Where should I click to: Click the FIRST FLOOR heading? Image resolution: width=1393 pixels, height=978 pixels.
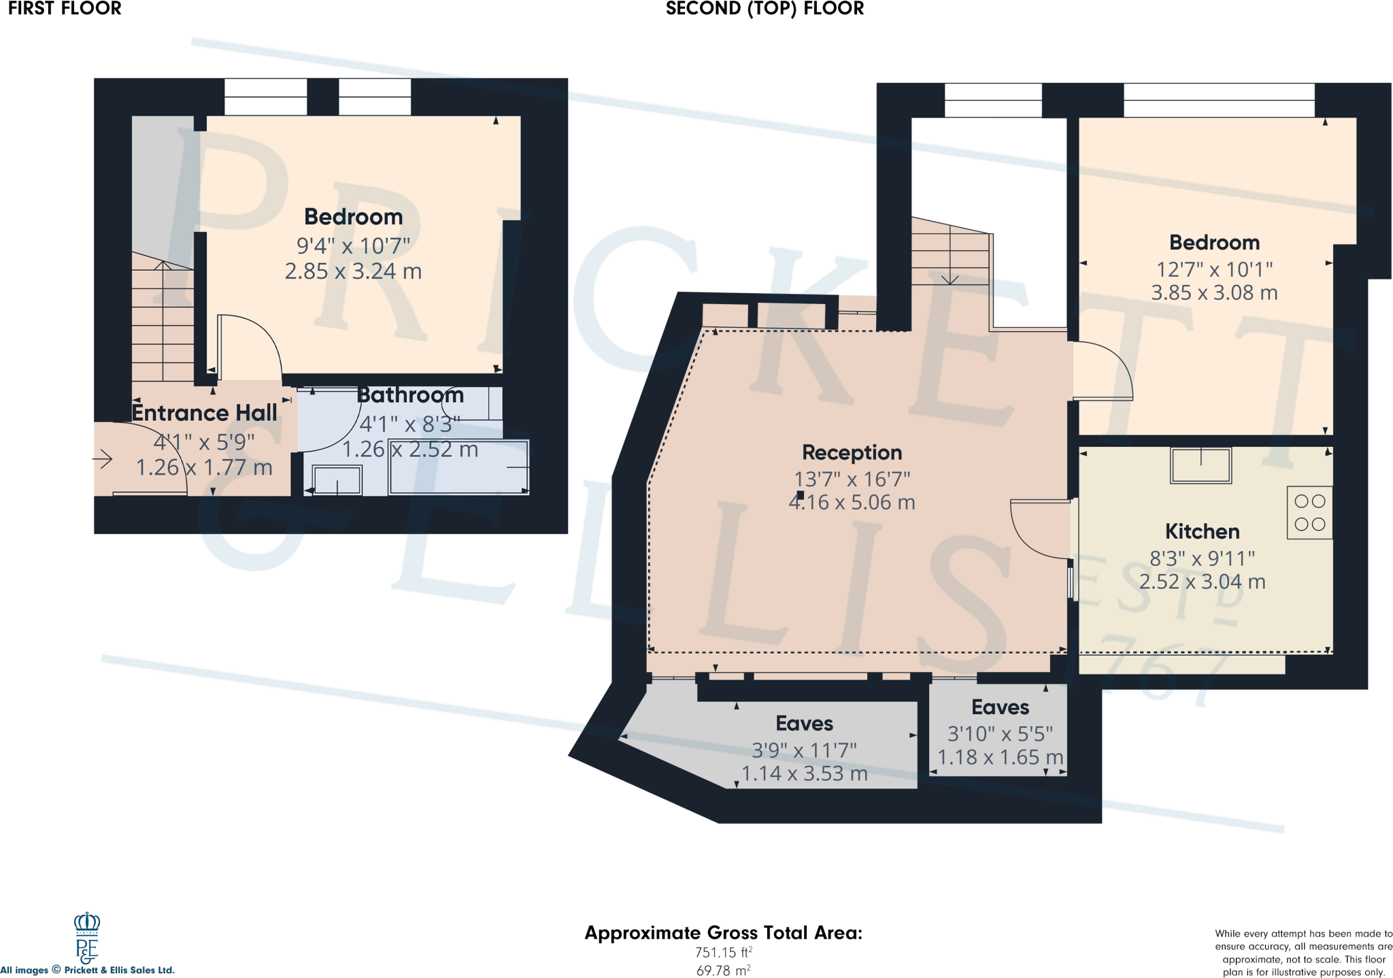65,9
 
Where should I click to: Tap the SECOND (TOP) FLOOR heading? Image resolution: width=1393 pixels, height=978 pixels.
765,9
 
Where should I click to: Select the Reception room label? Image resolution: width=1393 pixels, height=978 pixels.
852,452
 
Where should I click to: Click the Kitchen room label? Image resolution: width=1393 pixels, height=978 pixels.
1202,531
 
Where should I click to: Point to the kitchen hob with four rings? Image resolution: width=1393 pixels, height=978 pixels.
1309,513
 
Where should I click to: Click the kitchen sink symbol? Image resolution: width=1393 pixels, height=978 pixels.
1201,465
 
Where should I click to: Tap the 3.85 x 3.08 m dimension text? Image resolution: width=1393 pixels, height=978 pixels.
1214,293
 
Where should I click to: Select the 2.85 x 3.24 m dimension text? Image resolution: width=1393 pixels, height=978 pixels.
353,271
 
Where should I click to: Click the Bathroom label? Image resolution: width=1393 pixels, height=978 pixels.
410,395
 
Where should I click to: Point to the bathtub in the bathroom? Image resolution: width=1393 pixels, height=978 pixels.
458,467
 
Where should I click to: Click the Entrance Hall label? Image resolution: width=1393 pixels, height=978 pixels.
204,413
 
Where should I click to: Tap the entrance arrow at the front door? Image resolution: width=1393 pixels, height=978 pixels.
103,459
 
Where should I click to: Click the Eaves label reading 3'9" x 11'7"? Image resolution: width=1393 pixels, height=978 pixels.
804,724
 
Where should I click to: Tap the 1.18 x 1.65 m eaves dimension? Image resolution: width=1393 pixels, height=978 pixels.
1000,757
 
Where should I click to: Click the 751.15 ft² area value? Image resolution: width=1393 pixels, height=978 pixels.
723,953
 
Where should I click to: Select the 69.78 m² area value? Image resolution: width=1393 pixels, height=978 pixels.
723,971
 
